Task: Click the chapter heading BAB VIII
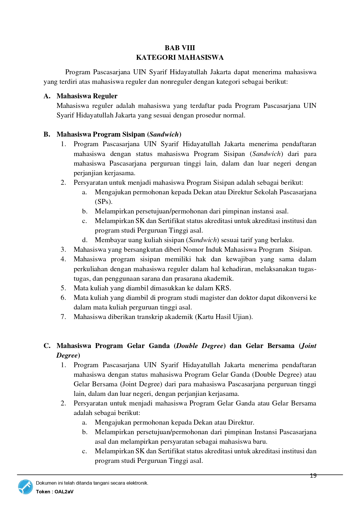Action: coord(180,48)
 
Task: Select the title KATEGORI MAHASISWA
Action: coord(180,57)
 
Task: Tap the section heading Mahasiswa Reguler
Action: coord(87,96)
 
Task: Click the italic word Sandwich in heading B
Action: coord(164,134)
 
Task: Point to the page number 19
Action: coord(313,476)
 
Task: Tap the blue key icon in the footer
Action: coord(26,487)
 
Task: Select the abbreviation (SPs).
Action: coord(104,202)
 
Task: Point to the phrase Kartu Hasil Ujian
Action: coord(224,317)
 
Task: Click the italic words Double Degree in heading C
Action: coord(200,346)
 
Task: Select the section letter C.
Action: coord(47,346)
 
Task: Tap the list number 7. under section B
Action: coord(63,317)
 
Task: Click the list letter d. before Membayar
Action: coord(85,240)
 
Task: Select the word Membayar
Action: coord(108,240)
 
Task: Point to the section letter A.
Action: coord(47,96)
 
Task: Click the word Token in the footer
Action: coord(43,492)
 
